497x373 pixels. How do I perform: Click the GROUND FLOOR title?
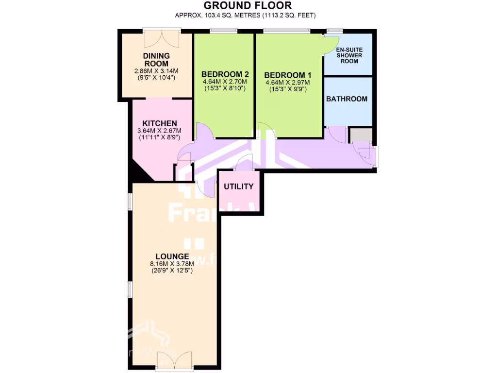248,6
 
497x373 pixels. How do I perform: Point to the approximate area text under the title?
246,16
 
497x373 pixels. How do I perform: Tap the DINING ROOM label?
156,60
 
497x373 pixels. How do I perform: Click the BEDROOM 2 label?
225,74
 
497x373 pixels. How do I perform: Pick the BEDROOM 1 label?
288,75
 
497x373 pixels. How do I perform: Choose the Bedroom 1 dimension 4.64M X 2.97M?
288,83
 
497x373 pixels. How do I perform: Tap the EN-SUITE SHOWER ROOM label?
349,55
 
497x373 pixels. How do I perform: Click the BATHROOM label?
347,99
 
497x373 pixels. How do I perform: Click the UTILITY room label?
238,187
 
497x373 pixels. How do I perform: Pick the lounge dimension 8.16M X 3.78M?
172,264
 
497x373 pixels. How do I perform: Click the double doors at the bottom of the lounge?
173,362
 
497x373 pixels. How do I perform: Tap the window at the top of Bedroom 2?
224,32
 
